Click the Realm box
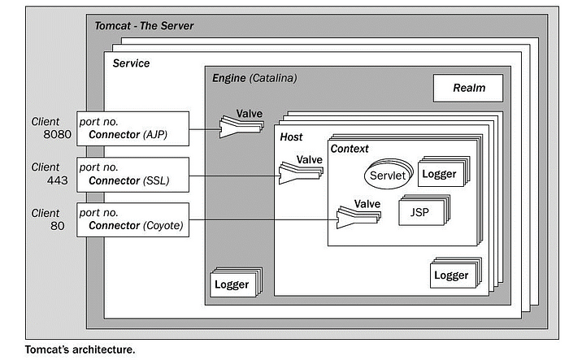468,89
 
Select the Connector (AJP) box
132,129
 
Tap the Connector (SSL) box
132,175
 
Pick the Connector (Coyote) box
132,220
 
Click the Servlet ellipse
389,174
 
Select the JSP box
423,210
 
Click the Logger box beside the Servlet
444,172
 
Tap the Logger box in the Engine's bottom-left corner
236,282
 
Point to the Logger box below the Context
456,273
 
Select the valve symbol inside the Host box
301,173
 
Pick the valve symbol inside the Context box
358,217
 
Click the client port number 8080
58,134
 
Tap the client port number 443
58,180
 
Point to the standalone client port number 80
58,226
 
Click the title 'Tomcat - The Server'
144,26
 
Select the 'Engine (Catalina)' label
254,78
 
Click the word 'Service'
131,63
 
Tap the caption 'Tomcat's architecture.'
80,349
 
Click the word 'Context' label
350,149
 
